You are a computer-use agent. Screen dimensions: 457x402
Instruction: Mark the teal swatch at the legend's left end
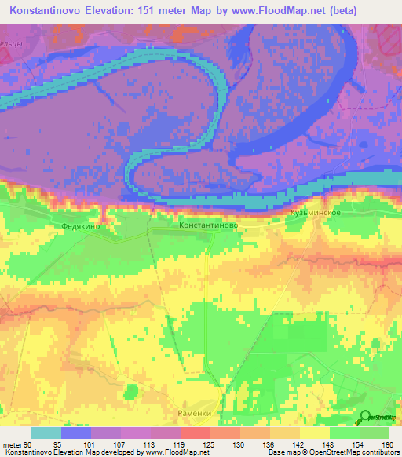[x=47, y=432]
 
